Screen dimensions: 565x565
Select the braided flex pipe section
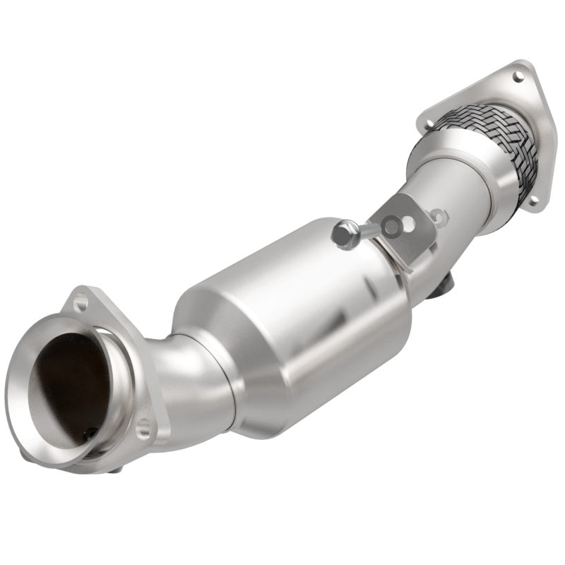pyautogui.click(x=487, y=141)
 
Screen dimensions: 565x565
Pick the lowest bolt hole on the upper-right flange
pyautogui.click(x=533, y=201)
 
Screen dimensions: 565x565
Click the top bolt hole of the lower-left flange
pyautogui.click(x=81, y=304)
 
